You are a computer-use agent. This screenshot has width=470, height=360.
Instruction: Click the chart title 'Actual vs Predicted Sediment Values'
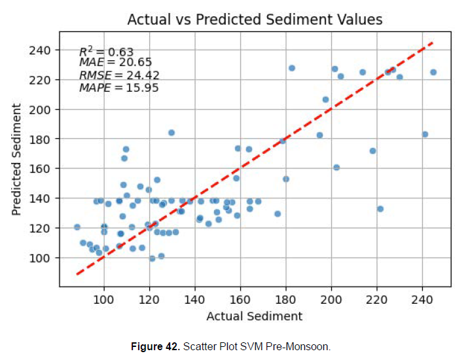coord(255,19)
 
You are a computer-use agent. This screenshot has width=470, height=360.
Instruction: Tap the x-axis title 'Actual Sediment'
coord(254,317)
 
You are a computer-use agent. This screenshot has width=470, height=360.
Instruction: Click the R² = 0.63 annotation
coord(106,52)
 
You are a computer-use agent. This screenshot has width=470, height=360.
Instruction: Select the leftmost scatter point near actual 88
coord(77,227)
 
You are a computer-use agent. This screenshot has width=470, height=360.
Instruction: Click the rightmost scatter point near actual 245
coord(433,72)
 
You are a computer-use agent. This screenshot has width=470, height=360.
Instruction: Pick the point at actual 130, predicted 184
coord(172,133)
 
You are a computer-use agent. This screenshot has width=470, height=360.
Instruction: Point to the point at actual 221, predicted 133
coord(380,209)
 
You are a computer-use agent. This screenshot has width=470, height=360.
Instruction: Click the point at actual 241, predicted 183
coord(425,134)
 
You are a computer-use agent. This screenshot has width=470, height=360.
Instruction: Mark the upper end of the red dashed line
coord(433,43)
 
